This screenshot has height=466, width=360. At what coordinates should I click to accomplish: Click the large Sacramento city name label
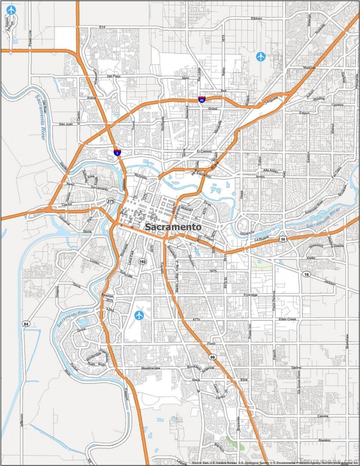pos(173,227)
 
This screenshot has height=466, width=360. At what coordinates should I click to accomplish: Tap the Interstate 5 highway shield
pos(117,153)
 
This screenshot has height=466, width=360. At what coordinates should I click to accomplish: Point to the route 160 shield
pos(143,261)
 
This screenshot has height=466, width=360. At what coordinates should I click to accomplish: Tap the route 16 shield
pos(306,274)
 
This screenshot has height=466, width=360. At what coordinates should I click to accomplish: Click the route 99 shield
pos(212,357)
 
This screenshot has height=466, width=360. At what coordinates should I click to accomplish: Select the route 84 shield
pos(27,323)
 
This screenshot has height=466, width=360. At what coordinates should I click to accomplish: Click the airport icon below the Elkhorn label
pos(261,56)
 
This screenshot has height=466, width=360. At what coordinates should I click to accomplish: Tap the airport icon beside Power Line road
pos(11,10)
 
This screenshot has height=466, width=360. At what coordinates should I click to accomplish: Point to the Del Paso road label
pos(114,77)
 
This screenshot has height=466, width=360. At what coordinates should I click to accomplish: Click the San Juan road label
pos(66,124)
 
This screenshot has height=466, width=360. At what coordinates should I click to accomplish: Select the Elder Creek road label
pos(288,319)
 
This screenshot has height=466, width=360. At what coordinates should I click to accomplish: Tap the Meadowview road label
pos(151,368)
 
